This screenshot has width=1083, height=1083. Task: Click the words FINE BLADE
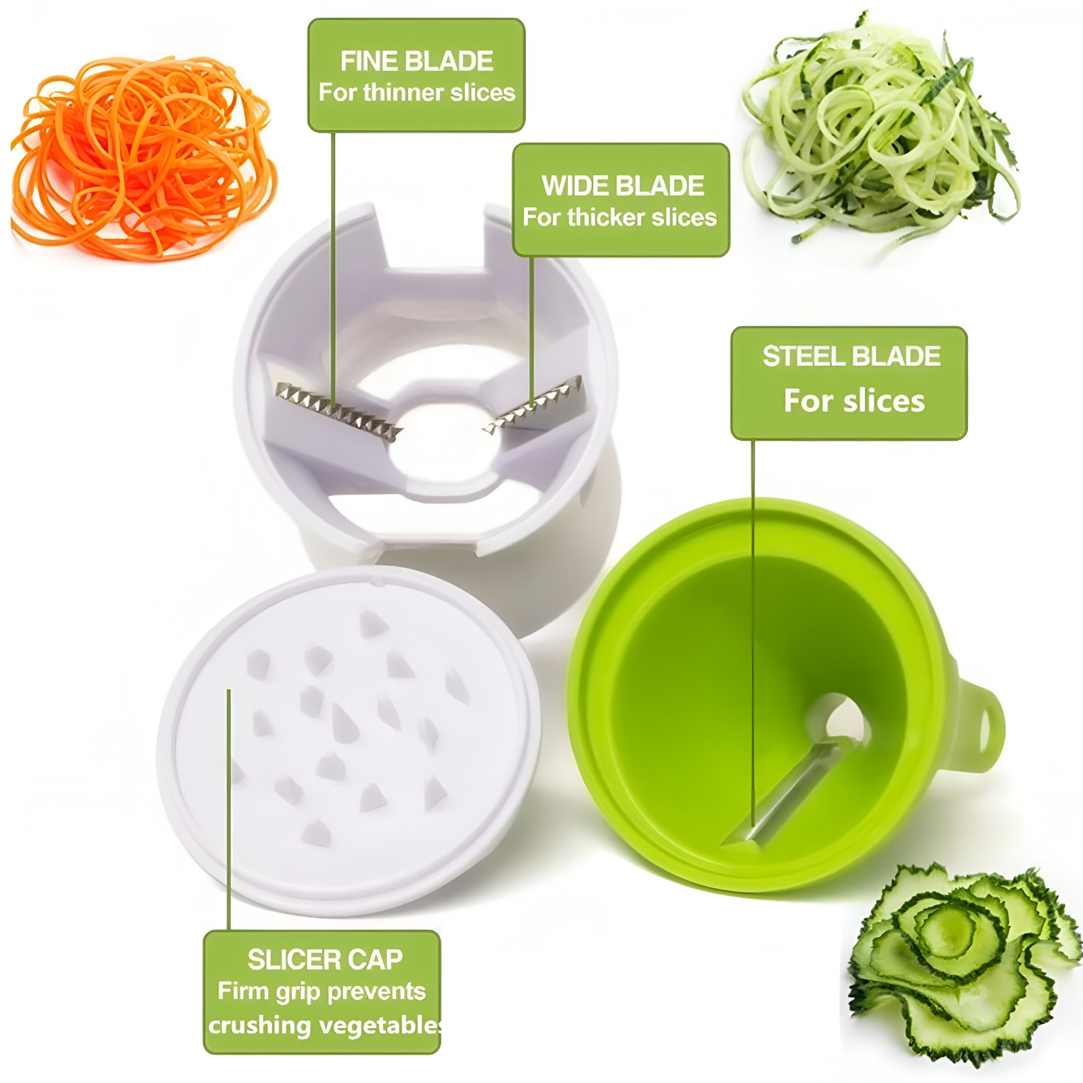tap(416, 62)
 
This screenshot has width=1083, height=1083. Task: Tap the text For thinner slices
tap(417, 92)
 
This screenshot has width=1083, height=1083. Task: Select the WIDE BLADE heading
tap(623, 186)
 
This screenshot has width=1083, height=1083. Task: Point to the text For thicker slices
tap(620, 217)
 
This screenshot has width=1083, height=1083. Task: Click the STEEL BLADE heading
tap(852, 356)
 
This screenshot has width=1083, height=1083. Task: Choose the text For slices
tap(854, 401)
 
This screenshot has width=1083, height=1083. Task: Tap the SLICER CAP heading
tap(325, 959)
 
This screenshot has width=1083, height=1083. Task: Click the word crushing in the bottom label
tap(259, 1025)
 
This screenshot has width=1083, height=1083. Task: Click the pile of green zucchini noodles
tap(880, 135)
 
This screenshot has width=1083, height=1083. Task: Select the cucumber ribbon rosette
tap(961, 961)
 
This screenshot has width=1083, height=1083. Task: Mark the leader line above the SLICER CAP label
tap(229, 810)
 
